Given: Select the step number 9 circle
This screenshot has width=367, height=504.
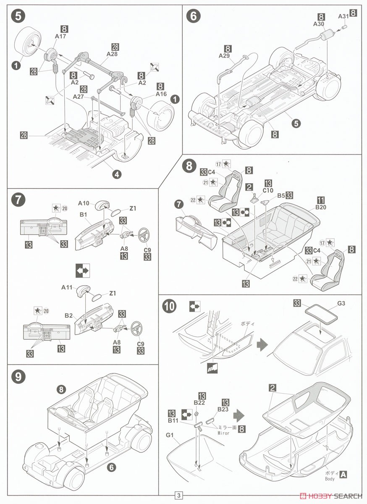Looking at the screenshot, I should [17, 377].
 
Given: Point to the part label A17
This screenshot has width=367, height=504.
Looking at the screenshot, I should [61, 37].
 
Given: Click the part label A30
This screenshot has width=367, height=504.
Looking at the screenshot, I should [319, 24].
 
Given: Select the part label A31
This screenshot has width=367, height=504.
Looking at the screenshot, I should [343, 16].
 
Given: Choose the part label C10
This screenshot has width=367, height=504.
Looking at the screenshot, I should [268, 190].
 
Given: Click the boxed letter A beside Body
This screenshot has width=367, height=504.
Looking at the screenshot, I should [343, 474].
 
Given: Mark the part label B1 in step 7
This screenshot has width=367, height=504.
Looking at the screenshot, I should [83, 215].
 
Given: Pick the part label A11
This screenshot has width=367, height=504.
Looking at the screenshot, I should [67, 287].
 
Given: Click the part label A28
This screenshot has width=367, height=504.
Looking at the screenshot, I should [112, 54].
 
